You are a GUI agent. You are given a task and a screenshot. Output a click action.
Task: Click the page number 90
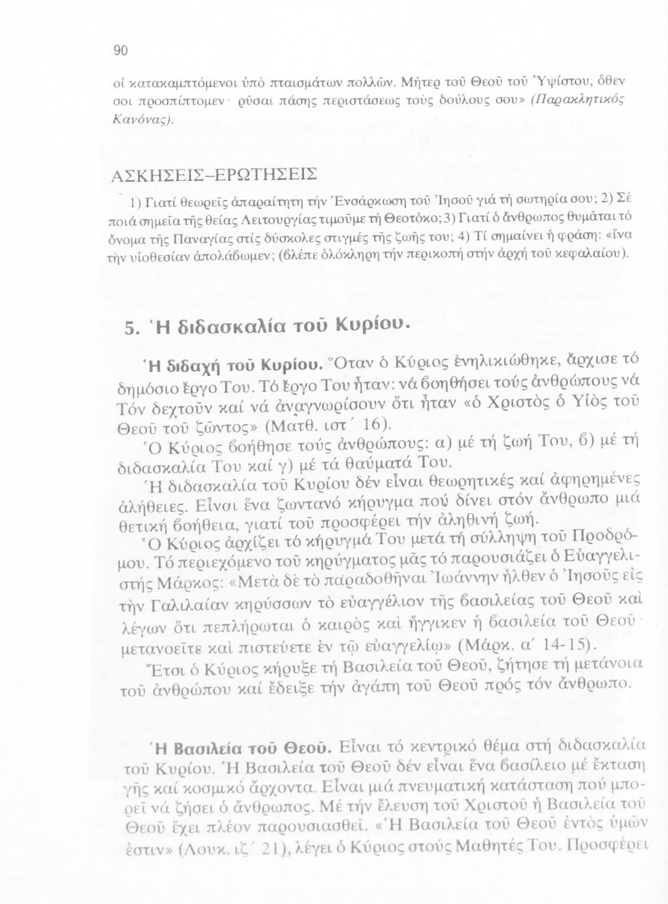(121, 51)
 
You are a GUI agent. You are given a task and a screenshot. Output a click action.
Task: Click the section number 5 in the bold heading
(130, 328)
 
